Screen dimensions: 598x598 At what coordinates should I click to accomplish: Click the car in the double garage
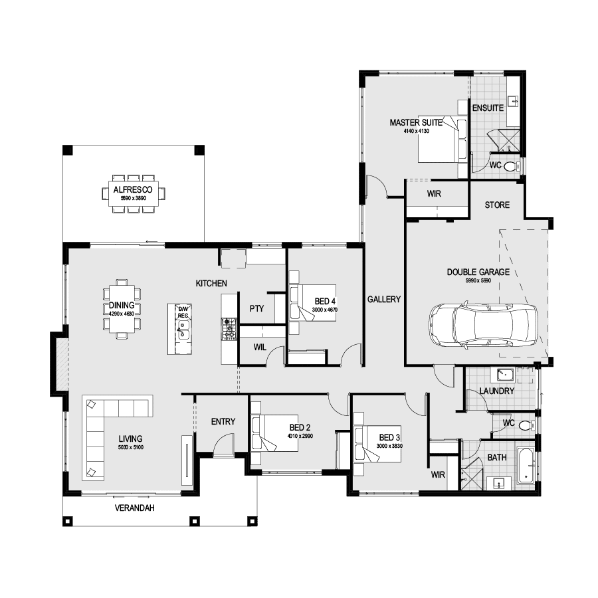483,325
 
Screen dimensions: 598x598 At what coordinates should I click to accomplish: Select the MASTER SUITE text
416,123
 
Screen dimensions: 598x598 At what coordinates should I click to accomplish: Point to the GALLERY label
384,300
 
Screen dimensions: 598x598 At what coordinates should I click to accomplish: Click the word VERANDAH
135,508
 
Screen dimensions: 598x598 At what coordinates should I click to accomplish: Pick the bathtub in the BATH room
526,463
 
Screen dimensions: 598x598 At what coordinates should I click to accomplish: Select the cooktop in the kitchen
229,328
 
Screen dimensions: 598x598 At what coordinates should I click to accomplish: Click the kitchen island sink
183,329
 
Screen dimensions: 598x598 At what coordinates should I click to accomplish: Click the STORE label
497,205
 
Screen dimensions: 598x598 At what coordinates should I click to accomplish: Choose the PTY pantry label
256,308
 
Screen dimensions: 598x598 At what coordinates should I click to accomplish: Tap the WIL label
260,347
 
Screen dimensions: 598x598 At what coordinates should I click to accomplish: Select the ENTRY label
223,421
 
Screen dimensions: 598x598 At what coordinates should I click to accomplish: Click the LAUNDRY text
496,391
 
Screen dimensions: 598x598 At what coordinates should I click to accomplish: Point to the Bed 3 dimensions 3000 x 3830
389,447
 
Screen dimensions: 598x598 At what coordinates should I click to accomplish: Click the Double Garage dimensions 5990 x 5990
478,280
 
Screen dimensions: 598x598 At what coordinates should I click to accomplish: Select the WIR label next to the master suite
435,194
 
